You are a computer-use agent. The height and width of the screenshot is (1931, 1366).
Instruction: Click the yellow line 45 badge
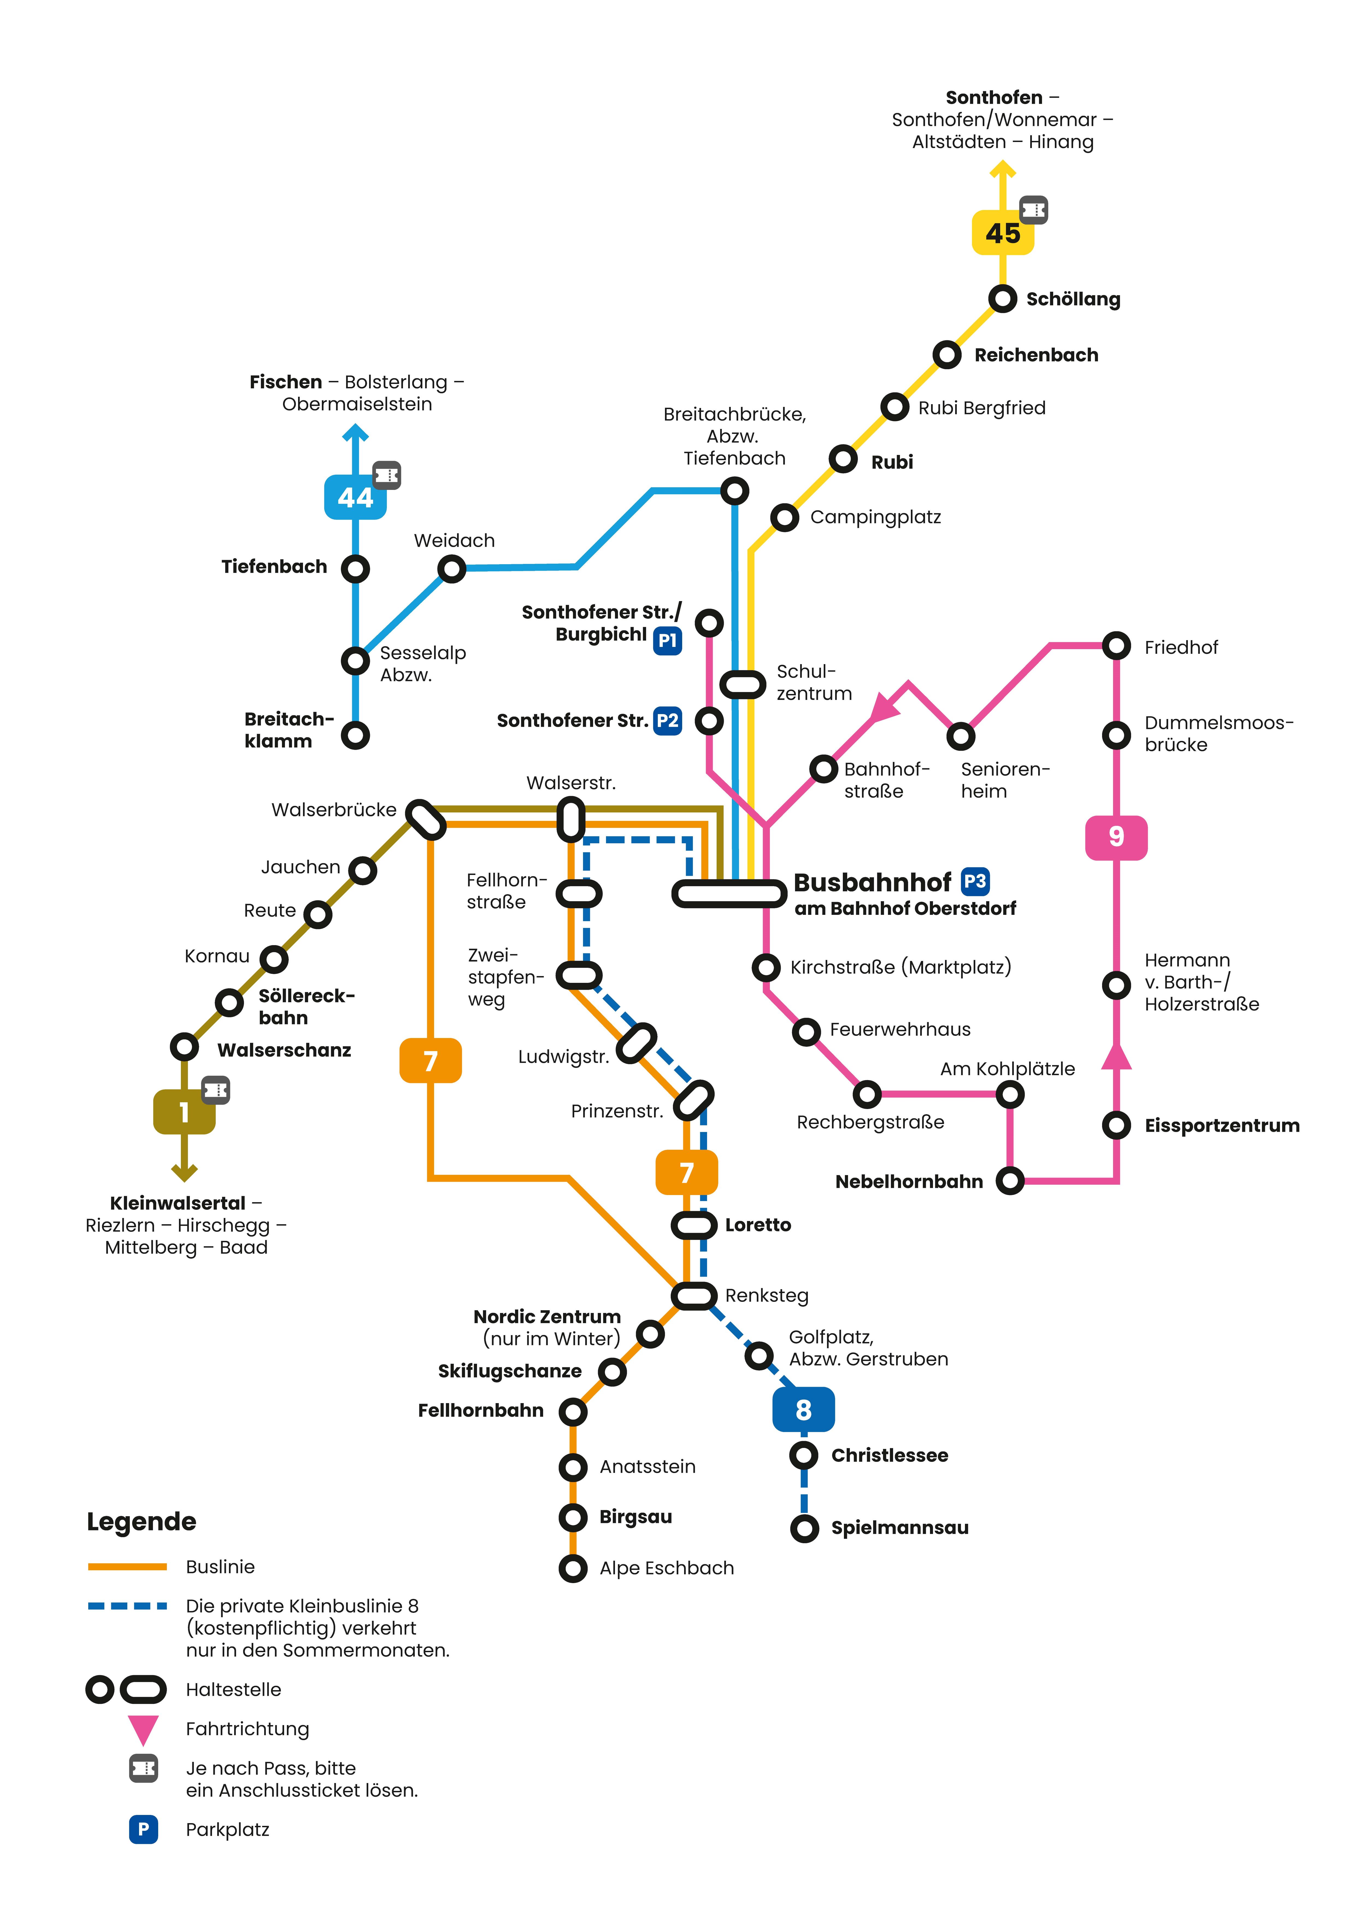tap(1003, 233)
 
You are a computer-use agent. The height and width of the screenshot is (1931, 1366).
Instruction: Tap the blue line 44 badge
tap(355, 497)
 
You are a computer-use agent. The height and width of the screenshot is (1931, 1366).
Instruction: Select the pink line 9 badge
tap(1116, 837)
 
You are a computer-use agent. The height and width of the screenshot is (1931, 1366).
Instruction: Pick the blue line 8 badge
tap(803, 1410)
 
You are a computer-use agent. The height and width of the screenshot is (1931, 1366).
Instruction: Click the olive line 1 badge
tap(184, 1112)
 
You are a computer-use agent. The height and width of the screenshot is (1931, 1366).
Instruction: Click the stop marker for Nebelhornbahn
tap(1009, 1181)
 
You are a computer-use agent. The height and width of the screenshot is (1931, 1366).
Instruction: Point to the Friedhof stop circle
tap(1116, 646)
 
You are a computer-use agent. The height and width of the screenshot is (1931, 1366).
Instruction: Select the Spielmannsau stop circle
tap(804, 1528)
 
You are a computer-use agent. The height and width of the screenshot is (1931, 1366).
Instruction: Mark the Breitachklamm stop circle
tap(355, 735)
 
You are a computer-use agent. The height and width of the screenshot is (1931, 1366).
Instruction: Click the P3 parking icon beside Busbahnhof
tap(975, 882)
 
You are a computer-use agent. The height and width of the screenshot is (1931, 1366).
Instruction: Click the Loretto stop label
tap(758, 1225)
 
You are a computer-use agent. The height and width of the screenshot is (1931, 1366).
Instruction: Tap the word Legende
tap(141, 1521)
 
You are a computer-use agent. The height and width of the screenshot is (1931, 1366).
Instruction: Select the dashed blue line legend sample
tap(127, 1605)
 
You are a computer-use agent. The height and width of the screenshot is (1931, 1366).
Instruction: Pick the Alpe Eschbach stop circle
tap(573, 1568)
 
